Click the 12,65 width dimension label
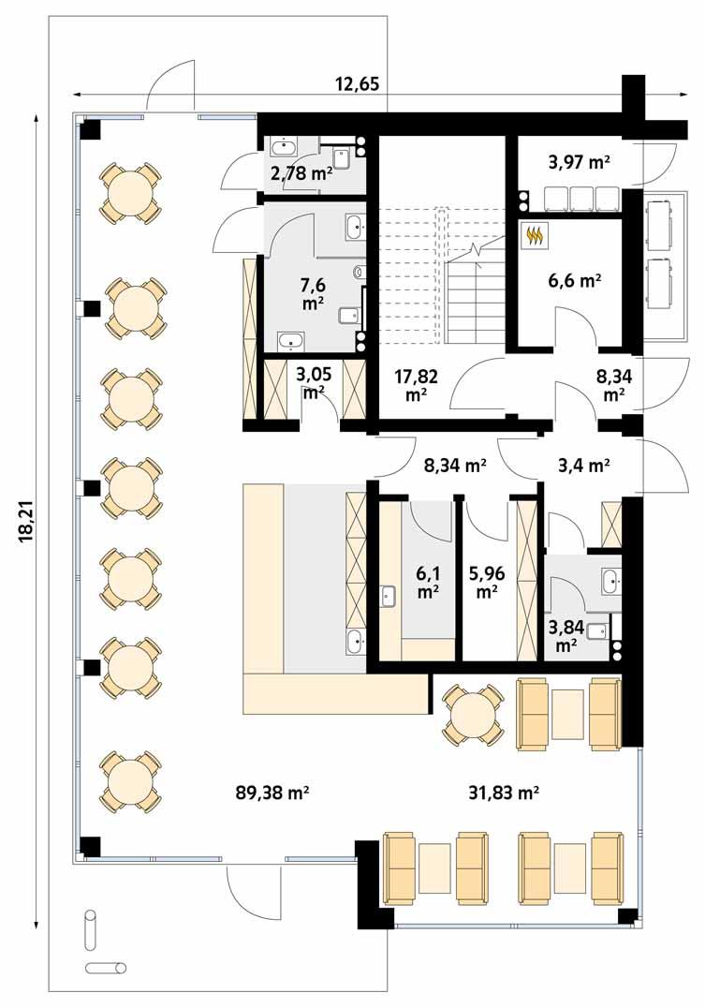(357, 84)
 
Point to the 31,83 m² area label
(503, 793)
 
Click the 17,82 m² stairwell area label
(411, 384)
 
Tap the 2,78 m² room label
(301, 172)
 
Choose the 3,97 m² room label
(579, 162)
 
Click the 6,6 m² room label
(574, 278)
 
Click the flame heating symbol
(535, 237)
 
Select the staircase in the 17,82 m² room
(477, 300)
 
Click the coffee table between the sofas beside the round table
(569, 714)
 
